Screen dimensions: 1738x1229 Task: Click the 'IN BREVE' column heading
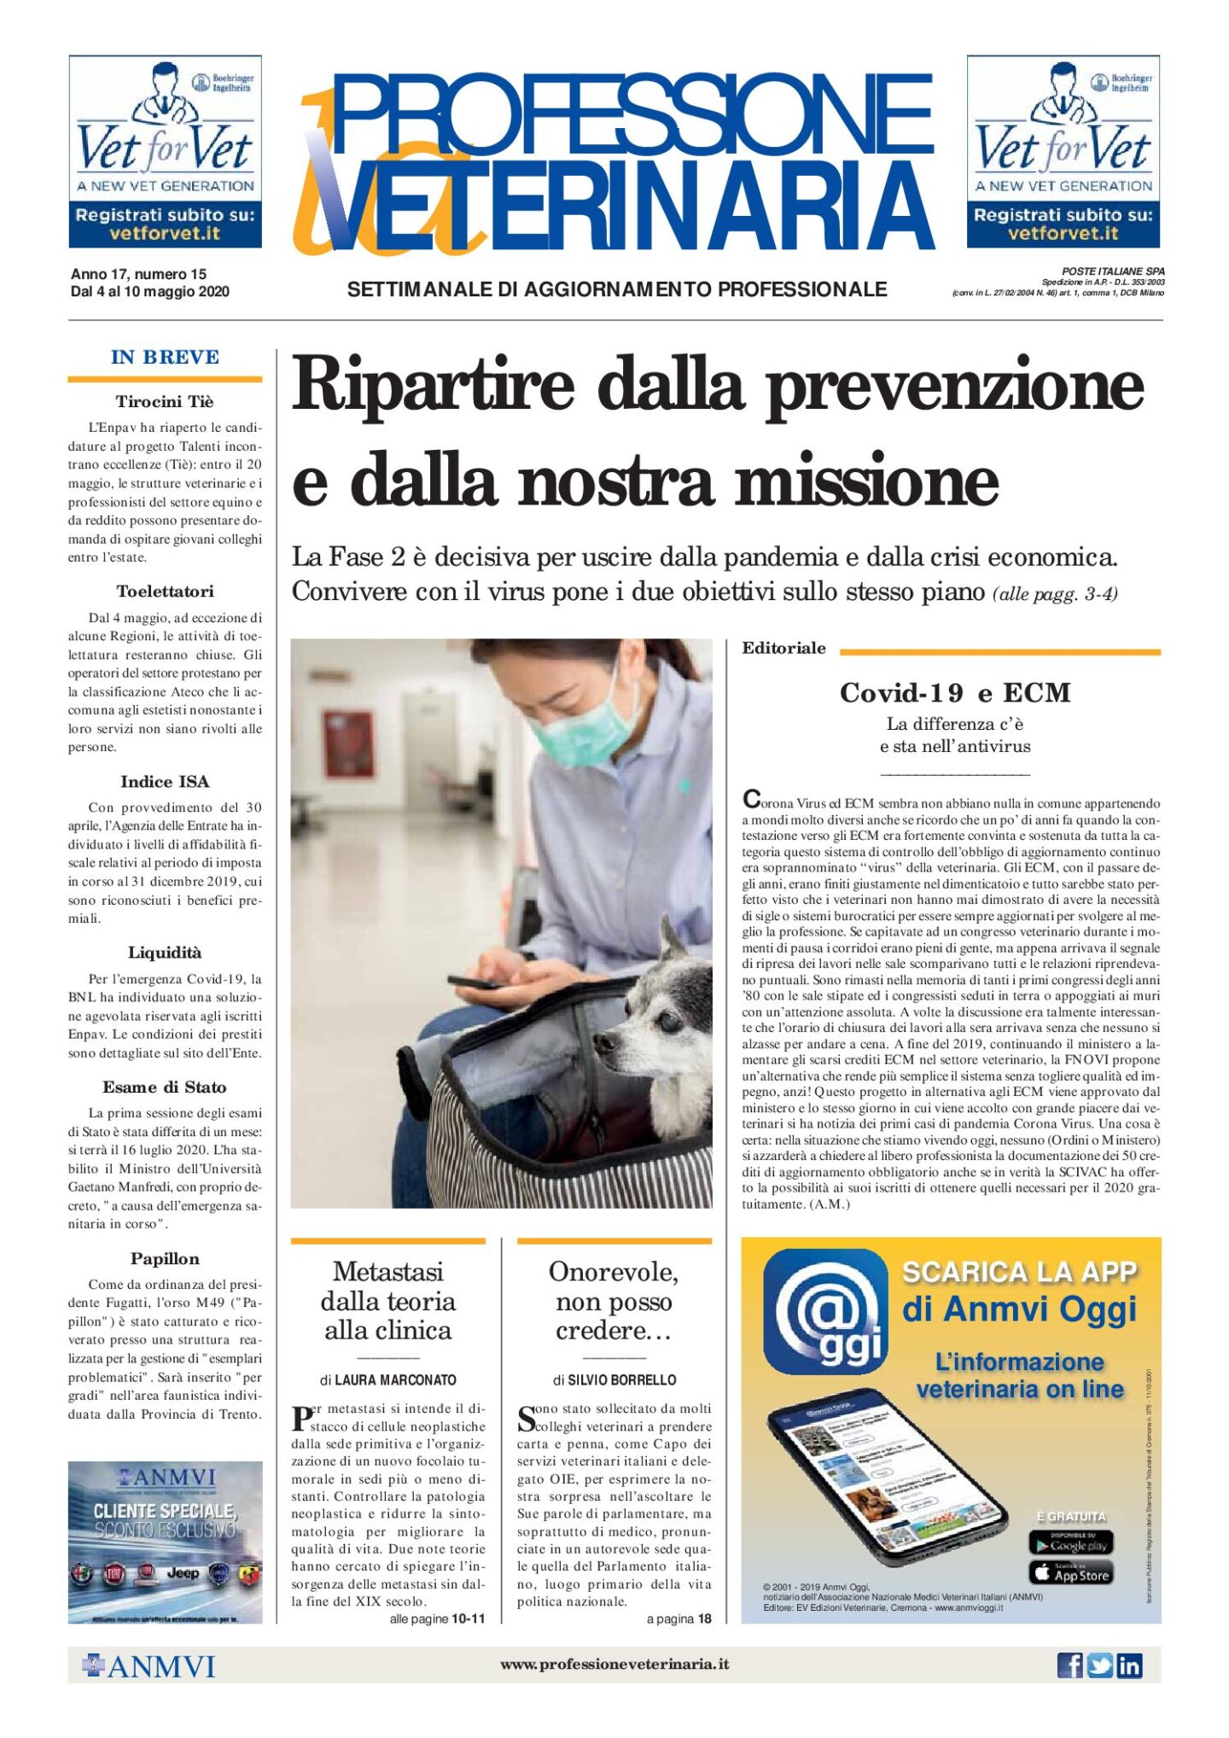pos(165,357)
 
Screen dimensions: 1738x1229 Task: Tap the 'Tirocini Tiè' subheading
pos(165,401)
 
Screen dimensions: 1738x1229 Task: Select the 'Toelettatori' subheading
pos(165,591)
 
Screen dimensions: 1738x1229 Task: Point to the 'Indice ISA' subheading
pos(165,781)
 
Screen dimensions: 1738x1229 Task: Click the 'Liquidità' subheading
pos(165,952)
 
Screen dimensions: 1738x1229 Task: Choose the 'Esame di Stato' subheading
pos(165,1087)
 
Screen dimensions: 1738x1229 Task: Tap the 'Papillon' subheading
pos(165,1258)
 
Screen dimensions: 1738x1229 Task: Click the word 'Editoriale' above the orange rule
pos(783,648)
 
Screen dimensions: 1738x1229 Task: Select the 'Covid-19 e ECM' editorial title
pos(954,692)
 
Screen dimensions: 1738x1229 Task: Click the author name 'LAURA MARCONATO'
pos(395,1379)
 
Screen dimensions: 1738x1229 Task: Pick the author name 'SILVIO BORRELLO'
pos(622,1379)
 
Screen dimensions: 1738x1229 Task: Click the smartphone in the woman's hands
pos(474,981)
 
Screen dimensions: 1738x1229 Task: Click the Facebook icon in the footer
pos(1069,1665)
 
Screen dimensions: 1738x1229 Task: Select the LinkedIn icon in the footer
pos(1129,1665)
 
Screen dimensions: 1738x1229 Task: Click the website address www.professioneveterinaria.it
pos(614,1664)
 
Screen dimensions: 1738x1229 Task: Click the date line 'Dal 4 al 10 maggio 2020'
pos(150,292)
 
